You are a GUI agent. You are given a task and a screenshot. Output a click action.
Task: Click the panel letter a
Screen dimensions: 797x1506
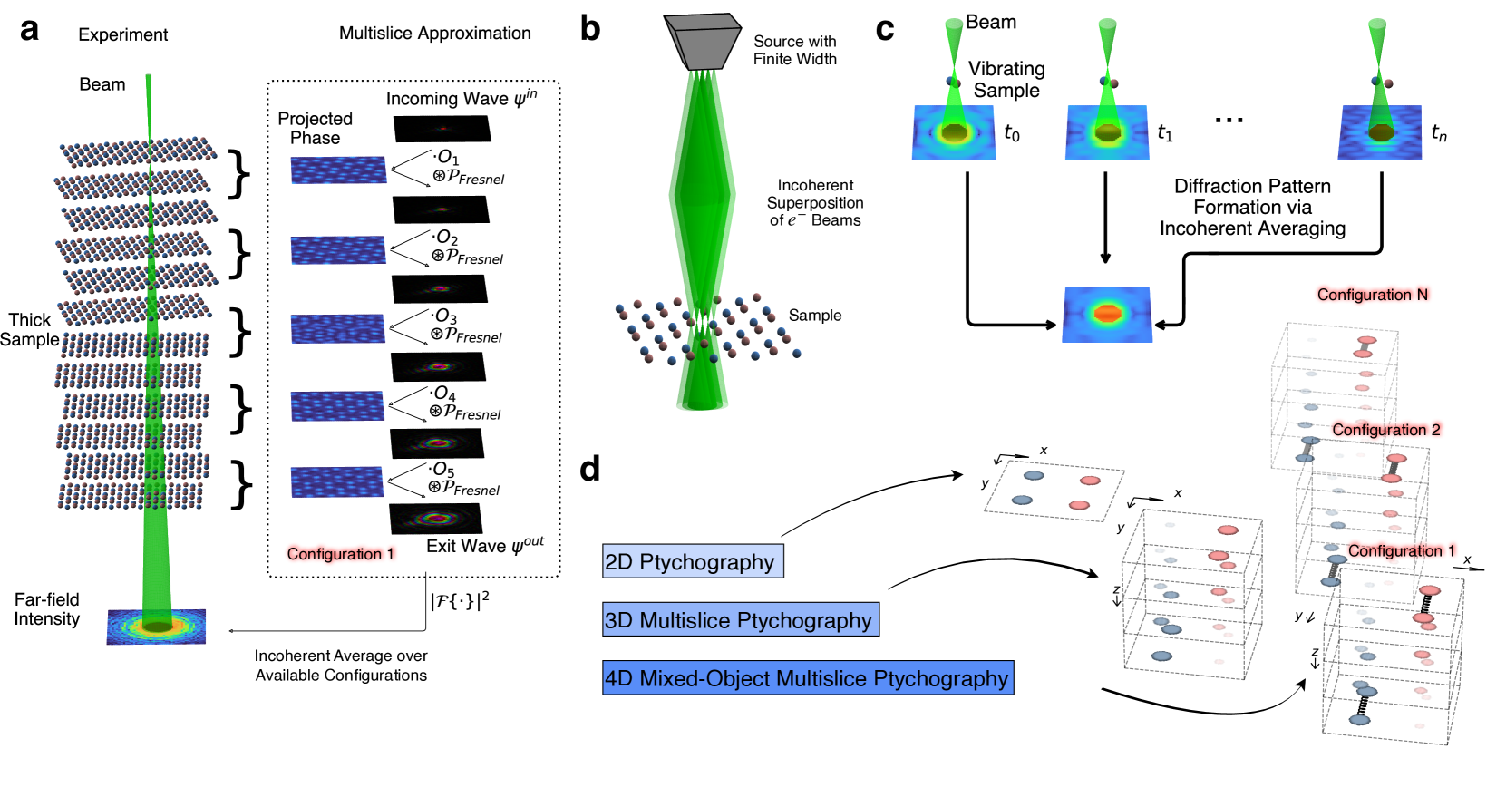[30, 30]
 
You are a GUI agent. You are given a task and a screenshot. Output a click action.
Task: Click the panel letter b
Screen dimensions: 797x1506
[590, 29]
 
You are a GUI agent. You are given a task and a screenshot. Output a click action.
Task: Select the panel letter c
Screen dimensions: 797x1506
[885, 29]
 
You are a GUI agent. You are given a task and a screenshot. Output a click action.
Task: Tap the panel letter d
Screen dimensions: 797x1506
[590, 468]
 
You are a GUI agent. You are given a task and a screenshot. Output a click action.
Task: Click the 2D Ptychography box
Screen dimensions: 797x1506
[693, 561]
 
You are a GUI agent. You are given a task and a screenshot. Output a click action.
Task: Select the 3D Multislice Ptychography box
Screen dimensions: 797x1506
[740, 620]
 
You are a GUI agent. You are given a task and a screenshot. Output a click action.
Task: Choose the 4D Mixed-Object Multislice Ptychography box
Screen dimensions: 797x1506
[807, 678]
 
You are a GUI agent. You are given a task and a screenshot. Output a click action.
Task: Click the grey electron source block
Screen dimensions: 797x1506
[702, 42]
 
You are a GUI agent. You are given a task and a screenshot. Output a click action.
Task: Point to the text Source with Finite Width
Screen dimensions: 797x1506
[794, 50]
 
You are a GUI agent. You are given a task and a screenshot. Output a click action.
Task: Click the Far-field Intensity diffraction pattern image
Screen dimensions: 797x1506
[156, 626]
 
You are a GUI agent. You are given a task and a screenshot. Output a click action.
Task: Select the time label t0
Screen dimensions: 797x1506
[1012, 133]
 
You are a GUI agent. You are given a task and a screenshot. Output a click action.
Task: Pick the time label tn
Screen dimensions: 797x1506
[1439, 133]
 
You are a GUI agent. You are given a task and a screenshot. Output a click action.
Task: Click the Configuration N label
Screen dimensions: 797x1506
[1372, 295]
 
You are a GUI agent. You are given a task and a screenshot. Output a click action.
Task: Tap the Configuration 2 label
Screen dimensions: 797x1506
[1385, 430]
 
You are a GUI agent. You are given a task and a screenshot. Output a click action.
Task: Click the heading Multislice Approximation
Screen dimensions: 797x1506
[434, 34]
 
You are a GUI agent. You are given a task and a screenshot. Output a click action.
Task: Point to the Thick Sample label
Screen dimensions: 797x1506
[29, 330]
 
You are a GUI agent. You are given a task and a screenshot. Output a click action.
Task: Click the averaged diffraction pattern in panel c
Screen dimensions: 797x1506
[1107, 315]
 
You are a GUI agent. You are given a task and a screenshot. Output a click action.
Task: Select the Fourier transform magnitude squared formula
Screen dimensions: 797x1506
[460, 598]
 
